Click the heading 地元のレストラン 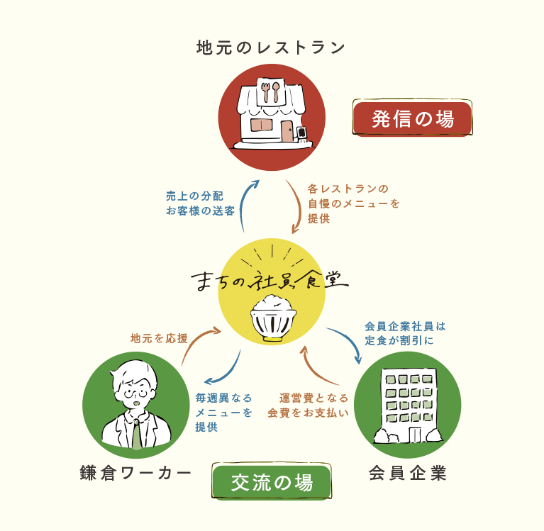tap(271, 47)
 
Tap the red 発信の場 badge tap(412, 118)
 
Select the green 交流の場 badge tap(272, 483)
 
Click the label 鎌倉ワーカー tap(136, 474)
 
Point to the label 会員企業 tap(408, 473)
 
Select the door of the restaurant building tap(287, 131)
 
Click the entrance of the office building tap(414, 434)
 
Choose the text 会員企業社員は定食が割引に tap(405, 333)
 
